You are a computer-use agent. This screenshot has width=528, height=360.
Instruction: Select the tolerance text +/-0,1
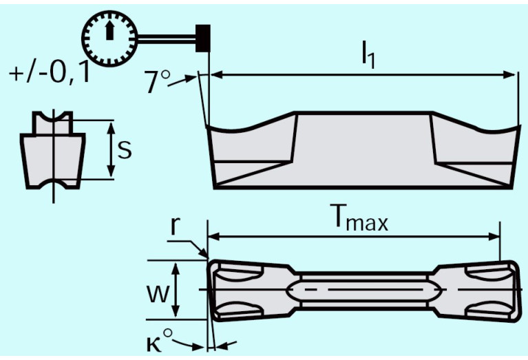point(50,73)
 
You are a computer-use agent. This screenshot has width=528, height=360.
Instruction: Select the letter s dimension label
point(125,149)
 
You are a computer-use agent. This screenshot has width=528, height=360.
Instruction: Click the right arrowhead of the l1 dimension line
point(511,74)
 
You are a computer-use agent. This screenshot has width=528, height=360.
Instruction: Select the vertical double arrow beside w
point(178,290)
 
